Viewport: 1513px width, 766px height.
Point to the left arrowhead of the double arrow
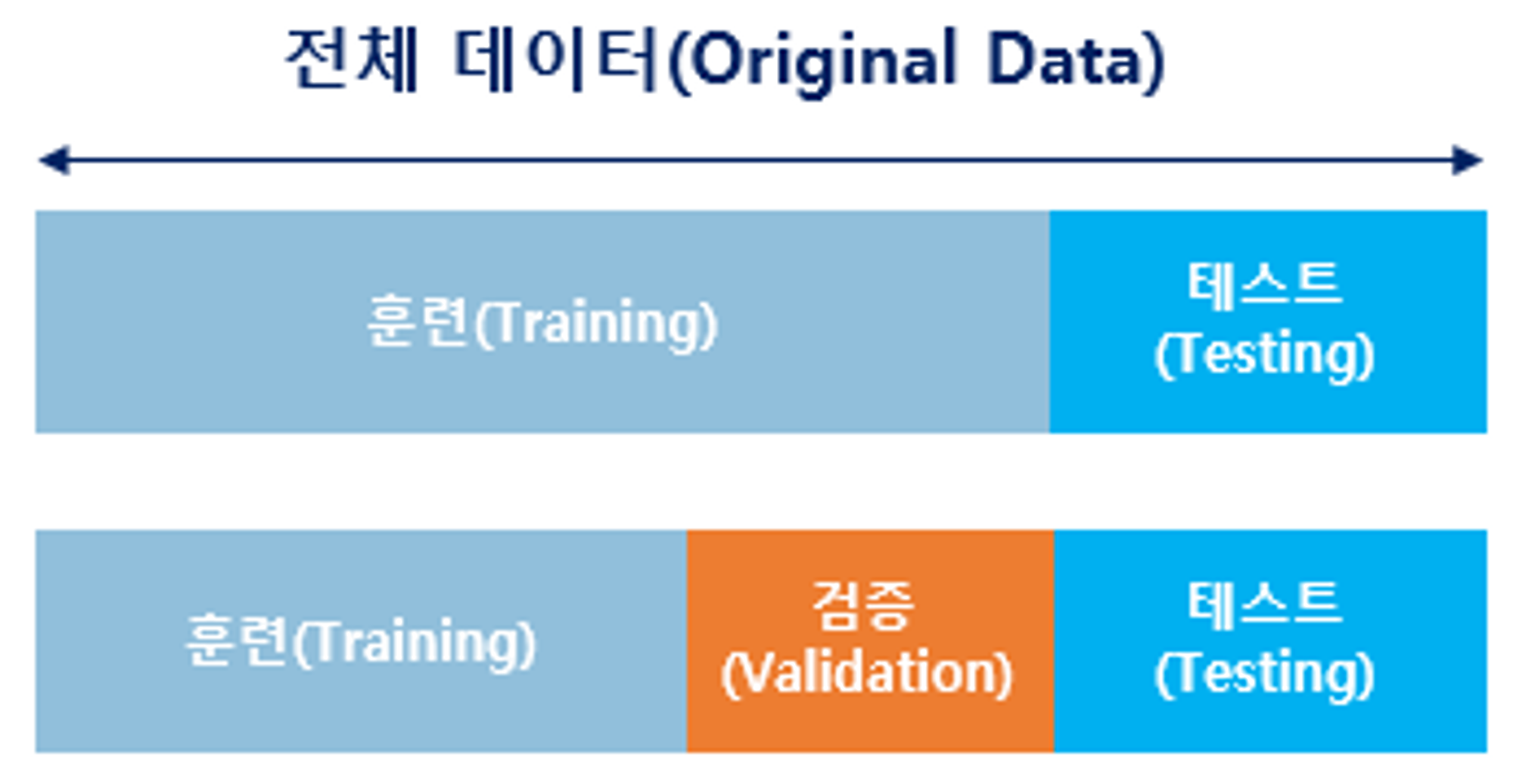tap(53, 160)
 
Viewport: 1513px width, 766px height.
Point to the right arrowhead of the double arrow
tap(1468, 160)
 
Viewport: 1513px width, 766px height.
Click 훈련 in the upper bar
tap(418, 321)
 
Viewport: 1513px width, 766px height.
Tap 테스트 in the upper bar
tap(1265, 286)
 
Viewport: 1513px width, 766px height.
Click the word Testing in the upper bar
tap(1265, 354)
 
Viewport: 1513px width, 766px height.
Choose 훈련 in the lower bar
tap(237, 640)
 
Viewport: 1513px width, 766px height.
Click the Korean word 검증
tap(864, 606)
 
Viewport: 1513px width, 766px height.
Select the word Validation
tap(867, 674)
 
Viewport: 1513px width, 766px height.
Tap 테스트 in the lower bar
tap(1265, 606)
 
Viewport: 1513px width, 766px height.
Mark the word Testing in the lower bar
tap(1265, 674)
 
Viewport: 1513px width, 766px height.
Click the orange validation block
tap(870, 641)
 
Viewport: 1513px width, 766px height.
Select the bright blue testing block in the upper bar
tap(1268, 322)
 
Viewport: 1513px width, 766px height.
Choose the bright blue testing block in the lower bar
tap(1270, 641)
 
